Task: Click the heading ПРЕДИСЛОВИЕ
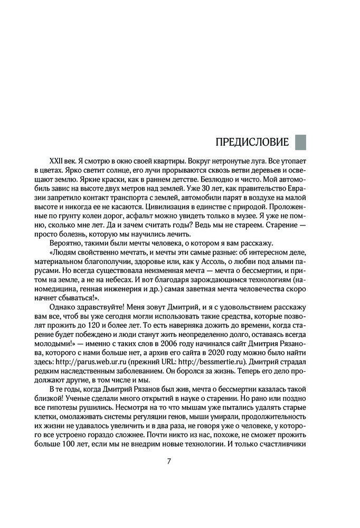tap(252, 142)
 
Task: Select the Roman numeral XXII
tap(56, 159)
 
